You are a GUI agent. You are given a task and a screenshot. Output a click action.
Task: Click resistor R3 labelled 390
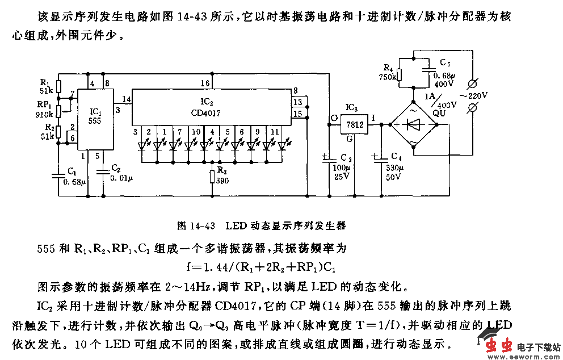[x=212, y=177]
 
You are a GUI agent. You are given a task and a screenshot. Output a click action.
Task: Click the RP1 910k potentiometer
[x=58, y=108]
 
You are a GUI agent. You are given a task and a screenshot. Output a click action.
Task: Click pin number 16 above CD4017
[x=205, y=83]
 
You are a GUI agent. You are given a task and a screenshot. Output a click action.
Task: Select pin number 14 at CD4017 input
[x=126, y=99]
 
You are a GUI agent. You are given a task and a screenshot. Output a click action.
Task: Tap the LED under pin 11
[x=282, y=146]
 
